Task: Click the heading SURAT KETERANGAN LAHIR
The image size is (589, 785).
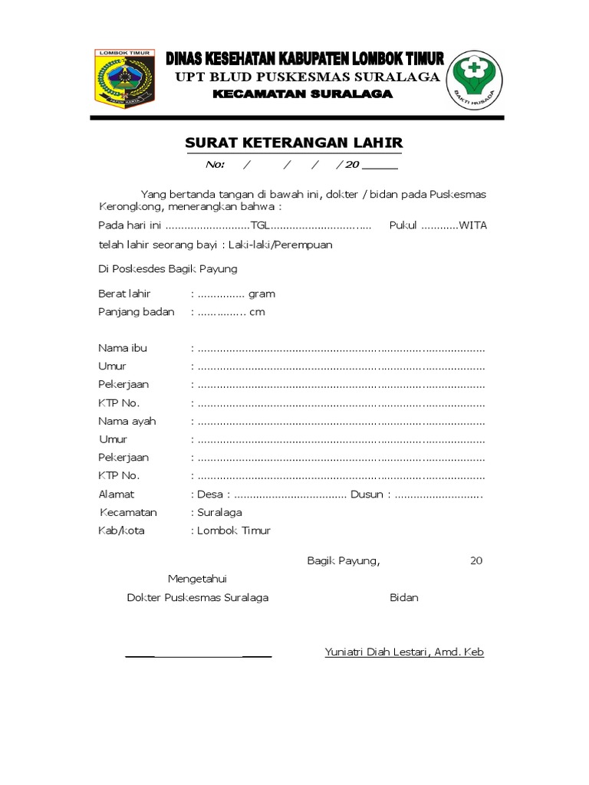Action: pos(294,143)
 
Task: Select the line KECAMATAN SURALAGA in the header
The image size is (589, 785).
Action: pos(302,94)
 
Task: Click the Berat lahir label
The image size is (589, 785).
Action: pos(124,294)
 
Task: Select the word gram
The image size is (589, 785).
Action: pos(262,294)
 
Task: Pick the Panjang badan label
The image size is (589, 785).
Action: pos(136,312)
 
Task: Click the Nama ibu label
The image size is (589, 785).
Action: pos(123,348)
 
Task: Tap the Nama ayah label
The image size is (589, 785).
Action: pos(127,421)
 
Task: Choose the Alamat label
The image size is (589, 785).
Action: pos(116,494)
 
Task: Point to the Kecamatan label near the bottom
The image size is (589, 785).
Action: pos(128,512)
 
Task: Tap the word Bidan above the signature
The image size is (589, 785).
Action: pos(403,597)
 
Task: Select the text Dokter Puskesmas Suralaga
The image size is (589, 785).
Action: pos(197,597)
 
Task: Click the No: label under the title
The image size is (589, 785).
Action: pos(215,165)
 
